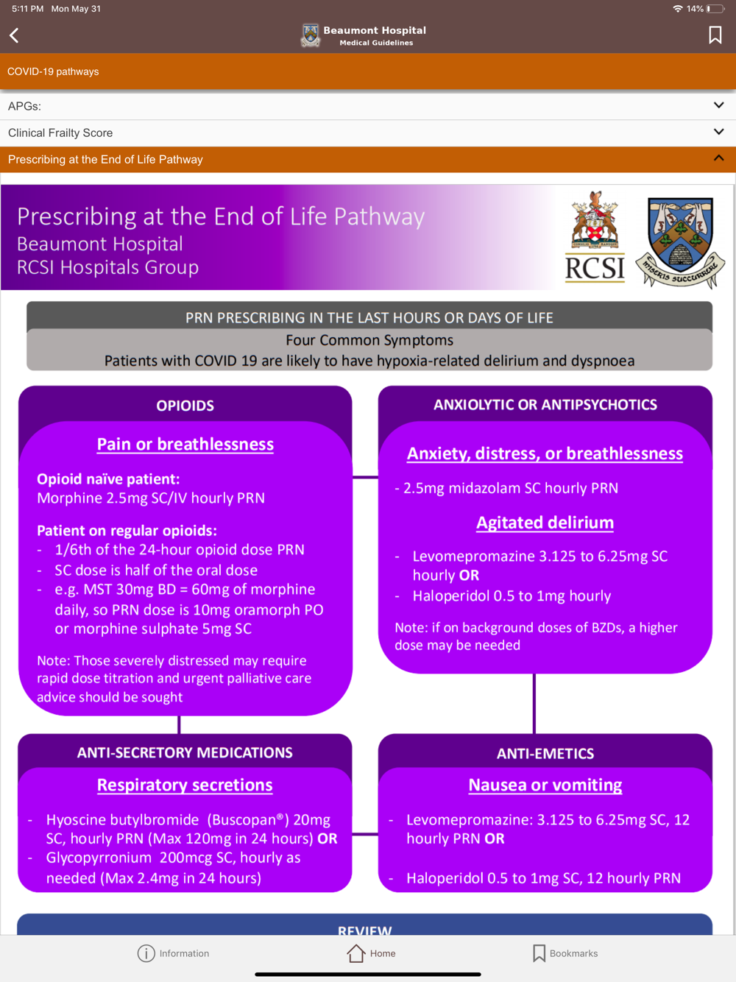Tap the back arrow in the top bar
tap(15, 35)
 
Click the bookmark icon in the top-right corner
tap(715, 35)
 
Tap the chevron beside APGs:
tap(718, 105)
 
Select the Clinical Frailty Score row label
tap(60, 133)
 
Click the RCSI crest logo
tap(595, 237)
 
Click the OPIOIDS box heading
tap(185, 406)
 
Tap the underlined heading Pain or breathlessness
tap(185, 445)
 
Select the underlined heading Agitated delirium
tap(545, 523)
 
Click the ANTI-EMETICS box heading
tap(545, 754)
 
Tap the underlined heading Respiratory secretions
tap(185, 785)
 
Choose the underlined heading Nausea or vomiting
tap(545, 785)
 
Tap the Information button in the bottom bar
tap(174, 953)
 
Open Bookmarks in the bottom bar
tap(565, 953)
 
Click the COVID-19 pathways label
tap(53, 72)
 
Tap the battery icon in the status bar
tap(715, 9)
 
